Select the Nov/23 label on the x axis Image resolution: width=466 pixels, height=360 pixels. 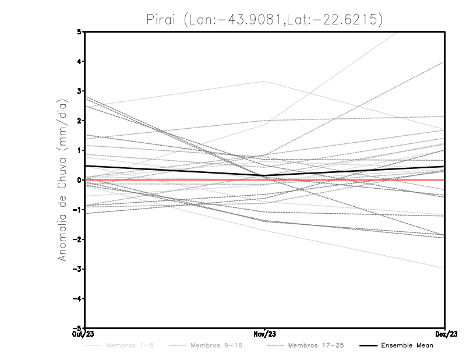point(265,334)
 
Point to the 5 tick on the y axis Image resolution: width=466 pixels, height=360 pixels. point(79,31)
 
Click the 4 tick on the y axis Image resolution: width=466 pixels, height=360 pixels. point(79,61)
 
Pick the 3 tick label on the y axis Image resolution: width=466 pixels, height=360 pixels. point(79,91)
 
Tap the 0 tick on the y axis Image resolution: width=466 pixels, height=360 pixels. point(79,180)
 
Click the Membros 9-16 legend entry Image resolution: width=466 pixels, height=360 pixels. point(216,345)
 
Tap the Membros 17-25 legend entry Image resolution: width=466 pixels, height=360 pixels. point(316,345)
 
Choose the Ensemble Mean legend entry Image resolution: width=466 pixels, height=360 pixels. point(407,345)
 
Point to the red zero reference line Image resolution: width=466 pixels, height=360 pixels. point(349,181)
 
